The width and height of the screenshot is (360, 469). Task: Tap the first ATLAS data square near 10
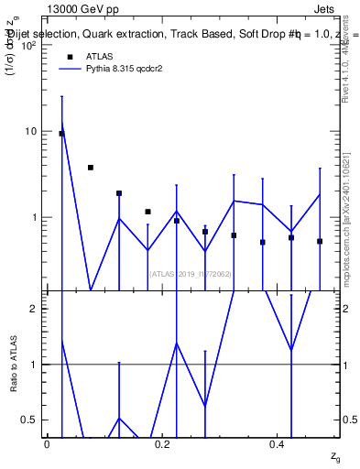coord(61,134)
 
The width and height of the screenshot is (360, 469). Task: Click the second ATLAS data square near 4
coord(91,168)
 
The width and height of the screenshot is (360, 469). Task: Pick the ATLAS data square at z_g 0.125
coord(119,193)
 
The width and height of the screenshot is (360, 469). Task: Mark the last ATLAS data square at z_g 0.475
coord(320,241)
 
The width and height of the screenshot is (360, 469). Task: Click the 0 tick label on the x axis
coord(47,443)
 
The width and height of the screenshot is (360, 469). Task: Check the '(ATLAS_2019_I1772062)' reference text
coord(190,274)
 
